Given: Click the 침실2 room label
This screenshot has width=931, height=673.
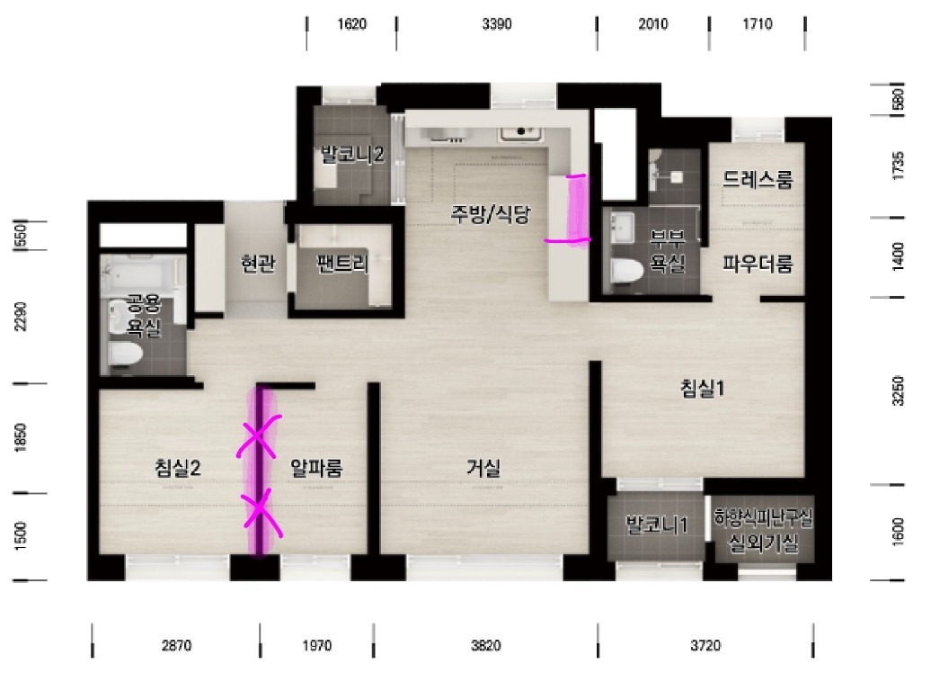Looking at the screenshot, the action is pos(178,468).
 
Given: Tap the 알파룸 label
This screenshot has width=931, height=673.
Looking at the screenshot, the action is pos(316,468).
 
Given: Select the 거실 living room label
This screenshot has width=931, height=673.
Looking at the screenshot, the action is pos(483,468).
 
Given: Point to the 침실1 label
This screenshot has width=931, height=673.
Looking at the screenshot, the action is pos(703,388).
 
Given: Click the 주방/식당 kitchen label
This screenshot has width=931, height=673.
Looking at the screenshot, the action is pos(490,214).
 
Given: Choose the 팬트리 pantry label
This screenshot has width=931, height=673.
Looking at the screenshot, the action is pos(342,263).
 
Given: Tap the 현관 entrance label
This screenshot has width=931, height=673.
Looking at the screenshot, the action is pos(258,263).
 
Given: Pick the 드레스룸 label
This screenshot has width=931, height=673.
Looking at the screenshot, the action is pos(757,179).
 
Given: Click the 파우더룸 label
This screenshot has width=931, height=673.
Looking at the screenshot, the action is pos(758,263).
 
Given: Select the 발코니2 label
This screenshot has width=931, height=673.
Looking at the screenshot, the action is pos(352,155).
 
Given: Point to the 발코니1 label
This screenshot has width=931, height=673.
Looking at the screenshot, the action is pos(657,525).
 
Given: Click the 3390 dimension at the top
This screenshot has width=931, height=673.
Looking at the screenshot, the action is pos(497,23).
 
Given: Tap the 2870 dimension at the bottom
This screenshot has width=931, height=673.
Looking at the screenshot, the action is pos(176,645).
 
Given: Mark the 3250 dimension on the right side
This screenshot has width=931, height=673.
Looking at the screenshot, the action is pos(898,390).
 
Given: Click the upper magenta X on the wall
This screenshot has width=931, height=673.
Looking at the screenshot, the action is pos(257,435).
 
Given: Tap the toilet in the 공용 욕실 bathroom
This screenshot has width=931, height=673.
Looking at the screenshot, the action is pos(126,354).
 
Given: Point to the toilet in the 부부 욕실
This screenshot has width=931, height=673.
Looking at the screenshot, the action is pos(627,271).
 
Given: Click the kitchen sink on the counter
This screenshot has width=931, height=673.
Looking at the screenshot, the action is pos(521,133).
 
